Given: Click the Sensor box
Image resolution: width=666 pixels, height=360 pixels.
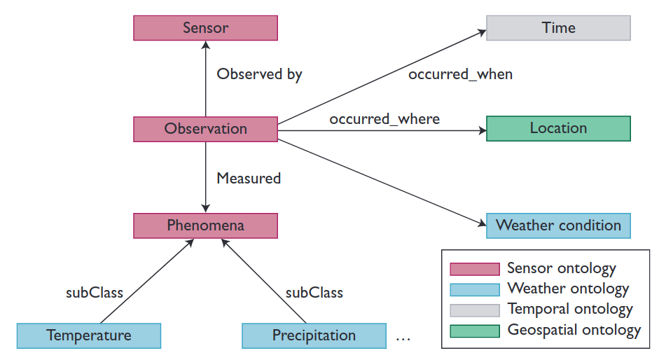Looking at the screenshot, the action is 206,28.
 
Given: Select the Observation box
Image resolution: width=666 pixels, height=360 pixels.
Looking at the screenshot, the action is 206,129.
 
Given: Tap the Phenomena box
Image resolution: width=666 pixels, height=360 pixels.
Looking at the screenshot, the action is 206,226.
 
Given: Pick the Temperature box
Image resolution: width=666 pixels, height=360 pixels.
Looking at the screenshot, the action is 89,335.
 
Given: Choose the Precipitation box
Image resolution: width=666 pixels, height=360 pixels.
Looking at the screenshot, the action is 314,335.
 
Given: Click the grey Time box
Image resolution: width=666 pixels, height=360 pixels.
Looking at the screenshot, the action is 559,28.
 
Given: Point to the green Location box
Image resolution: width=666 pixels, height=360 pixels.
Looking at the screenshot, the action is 559,128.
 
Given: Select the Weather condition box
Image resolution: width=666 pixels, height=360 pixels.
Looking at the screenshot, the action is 559,226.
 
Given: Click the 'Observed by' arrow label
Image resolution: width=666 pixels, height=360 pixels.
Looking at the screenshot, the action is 260,74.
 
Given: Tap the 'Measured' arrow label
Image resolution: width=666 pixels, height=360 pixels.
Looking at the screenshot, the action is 249,178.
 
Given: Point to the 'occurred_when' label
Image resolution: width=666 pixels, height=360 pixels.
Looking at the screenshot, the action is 460,74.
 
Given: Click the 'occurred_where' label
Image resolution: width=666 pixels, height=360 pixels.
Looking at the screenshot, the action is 384,119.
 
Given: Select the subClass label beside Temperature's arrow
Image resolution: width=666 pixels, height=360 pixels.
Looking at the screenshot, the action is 95,293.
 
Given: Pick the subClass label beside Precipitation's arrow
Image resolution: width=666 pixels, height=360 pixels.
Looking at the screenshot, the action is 314,293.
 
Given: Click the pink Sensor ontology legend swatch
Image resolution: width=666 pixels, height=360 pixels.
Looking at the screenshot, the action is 475,269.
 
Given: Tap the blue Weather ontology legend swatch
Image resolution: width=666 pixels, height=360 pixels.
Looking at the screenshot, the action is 475,290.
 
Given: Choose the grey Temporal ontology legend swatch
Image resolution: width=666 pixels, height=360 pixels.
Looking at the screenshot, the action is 475,310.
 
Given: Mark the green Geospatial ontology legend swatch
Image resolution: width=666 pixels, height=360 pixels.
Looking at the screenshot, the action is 475,331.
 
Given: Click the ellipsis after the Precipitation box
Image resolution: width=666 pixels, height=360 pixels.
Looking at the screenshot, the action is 403,340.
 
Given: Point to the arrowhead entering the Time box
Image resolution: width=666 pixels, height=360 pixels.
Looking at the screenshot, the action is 483,32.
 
